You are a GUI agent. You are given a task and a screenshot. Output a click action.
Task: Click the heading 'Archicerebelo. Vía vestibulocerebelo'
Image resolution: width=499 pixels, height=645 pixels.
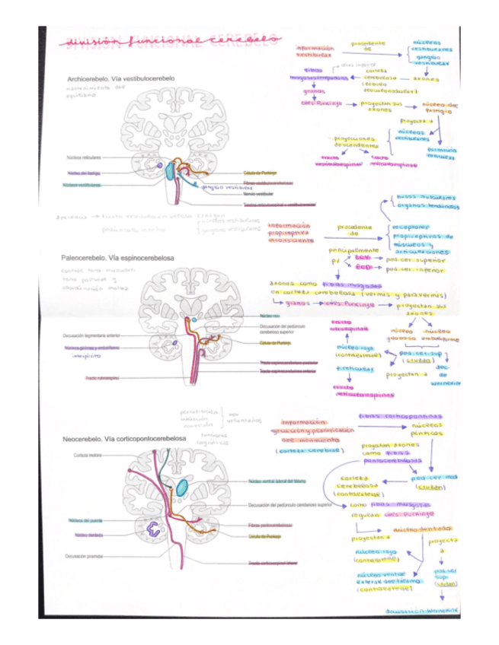[121, 78]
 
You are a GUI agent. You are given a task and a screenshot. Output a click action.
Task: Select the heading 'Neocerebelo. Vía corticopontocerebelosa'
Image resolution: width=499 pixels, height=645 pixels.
[123, 440]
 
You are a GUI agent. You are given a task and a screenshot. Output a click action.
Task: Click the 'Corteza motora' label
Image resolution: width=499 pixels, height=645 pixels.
[88, 455]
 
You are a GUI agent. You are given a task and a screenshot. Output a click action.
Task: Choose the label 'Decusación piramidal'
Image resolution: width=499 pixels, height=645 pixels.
[85, 556]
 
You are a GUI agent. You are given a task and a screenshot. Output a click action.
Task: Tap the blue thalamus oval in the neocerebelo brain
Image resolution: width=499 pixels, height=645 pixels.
[181, 488]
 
